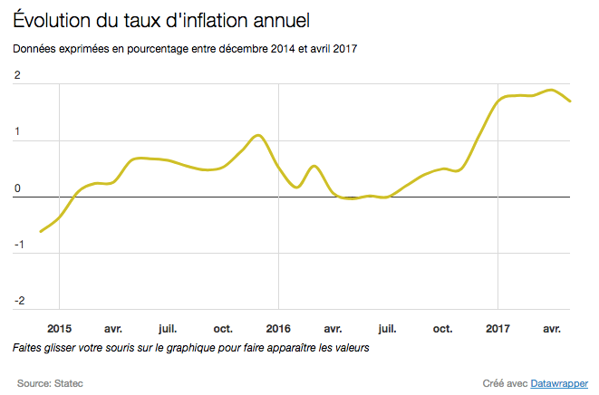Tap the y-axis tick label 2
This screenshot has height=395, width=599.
pyautogui.click(x=17, y=76)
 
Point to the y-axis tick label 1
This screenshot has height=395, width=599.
pyautogui.click(x=17, y=132)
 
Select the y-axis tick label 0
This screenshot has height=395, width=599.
pyautogui.click(x=17, y=188)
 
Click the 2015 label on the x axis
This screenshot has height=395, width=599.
pyautogui.click(x=60, y=328)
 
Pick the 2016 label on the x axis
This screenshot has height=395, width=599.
pyautogui.click(x=278, y=328)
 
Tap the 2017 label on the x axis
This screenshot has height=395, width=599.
pyautogui.click(x=498, y=328)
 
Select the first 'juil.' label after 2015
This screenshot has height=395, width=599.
pyautogui.click(x=168, y=328)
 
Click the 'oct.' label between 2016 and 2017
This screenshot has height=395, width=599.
pyautogui.click(x=442, y=328)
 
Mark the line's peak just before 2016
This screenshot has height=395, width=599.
pyautogui.click(x=258, y=135)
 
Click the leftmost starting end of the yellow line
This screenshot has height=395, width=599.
pyautogui.click(x=40, y=232)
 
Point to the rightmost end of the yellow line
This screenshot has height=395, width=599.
pyautogui.click(x=570, y=101)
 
